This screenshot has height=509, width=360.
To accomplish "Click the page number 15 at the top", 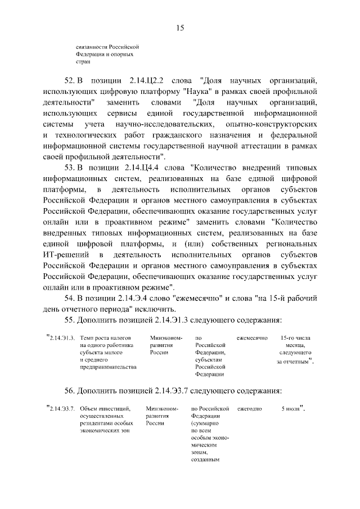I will coord(180,28).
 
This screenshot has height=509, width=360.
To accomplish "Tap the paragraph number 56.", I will coord(70,390).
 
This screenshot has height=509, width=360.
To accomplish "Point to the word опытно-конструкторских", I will coord(272,124).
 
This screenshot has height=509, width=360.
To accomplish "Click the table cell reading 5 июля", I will coord(291,408).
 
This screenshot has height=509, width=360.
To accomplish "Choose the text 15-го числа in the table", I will coord(294,338).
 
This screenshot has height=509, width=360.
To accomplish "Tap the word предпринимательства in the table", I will coord(108,367).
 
